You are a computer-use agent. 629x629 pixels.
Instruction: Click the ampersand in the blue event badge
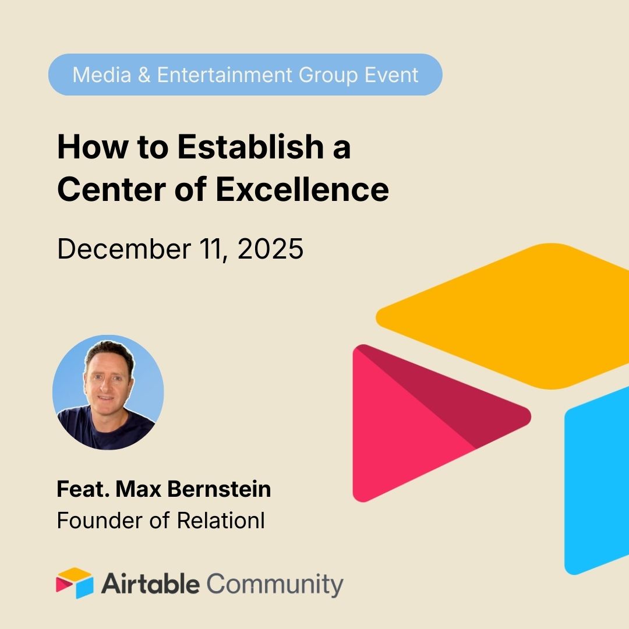pos(144,75)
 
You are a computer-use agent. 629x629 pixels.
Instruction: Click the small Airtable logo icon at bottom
pos(75,583)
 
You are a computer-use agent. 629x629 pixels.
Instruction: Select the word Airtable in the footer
pos(150,584)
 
